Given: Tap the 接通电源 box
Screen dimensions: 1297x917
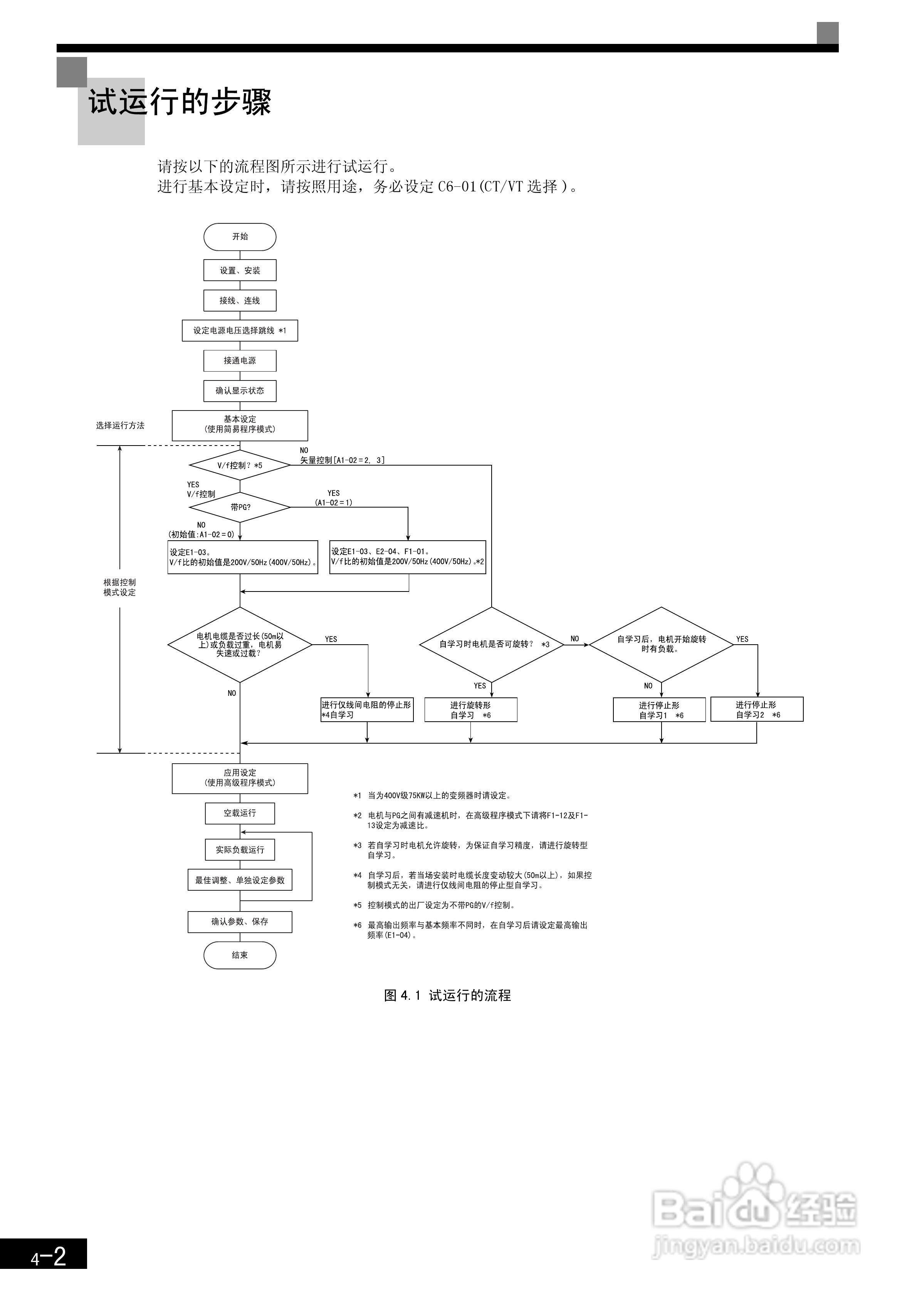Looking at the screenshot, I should pyautogui.click(x=240, y=360).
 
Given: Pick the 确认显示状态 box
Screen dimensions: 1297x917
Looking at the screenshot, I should pyautogui.click(x=240, y=390).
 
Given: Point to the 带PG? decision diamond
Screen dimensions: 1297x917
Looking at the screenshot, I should pyautogui.click(x=240, y=507).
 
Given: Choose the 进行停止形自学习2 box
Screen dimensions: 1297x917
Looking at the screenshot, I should pyautogui.click(x=756, y=709).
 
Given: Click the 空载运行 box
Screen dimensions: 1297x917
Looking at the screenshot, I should pyautogui.click(x=240, y=813).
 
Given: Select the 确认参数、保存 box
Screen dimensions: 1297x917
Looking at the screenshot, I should pyautogui.click(x=240, y=922).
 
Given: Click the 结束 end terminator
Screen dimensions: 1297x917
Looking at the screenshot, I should pyautogui.click(x=240, y=955).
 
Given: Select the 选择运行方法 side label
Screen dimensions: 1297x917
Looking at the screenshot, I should pyautogui.click(x=120, y=426).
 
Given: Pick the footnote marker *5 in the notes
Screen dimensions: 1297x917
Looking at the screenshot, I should pyautogui.click(x=357, y=905).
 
